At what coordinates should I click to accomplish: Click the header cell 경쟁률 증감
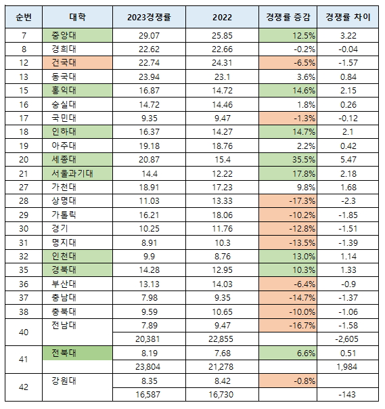click(288, 17)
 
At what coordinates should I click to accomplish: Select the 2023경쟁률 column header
click(149, 17)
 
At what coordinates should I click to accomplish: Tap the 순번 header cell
click(24, 17)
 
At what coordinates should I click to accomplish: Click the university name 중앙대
click(64, 35)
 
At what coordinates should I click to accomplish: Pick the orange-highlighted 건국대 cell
click(77, 63)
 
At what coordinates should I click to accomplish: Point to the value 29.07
click(149, 36)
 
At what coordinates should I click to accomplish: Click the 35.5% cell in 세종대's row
click(288, 159)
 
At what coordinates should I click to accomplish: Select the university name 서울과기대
click(72, 173)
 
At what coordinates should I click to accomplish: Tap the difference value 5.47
click(348, 160)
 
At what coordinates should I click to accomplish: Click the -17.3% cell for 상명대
click(288, 201)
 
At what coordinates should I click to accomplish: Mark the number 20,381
click(149, 339)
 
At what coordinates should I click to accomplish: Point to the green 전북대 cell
click(77, 353)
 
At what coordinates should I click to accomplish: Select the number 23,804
click(149, 367)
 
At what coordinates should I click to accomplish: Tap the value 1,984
click(346, 367)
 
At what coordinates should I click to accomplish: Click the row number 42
click(24, 387)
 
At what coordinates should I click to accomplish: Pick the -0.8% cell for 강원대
click(288, 381)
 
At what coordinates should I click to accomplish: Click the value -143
click(347, 394)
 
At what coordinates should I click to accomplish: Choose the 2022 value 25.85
click(222, 36)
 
